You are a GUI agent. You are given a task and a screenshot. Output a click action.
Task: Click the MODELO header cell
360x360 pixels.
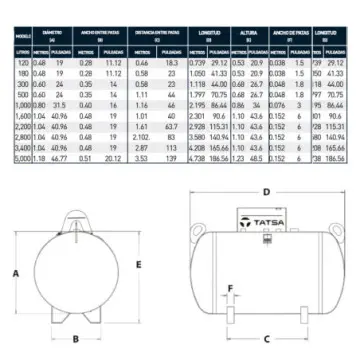pos(17,38)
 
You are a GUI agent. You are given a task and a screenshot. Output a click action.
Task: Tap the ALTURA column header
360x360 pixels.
pos(249,38)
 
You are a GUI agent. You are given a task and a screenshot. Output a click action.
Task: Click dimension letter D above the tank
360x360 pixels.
pos(266,191)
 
